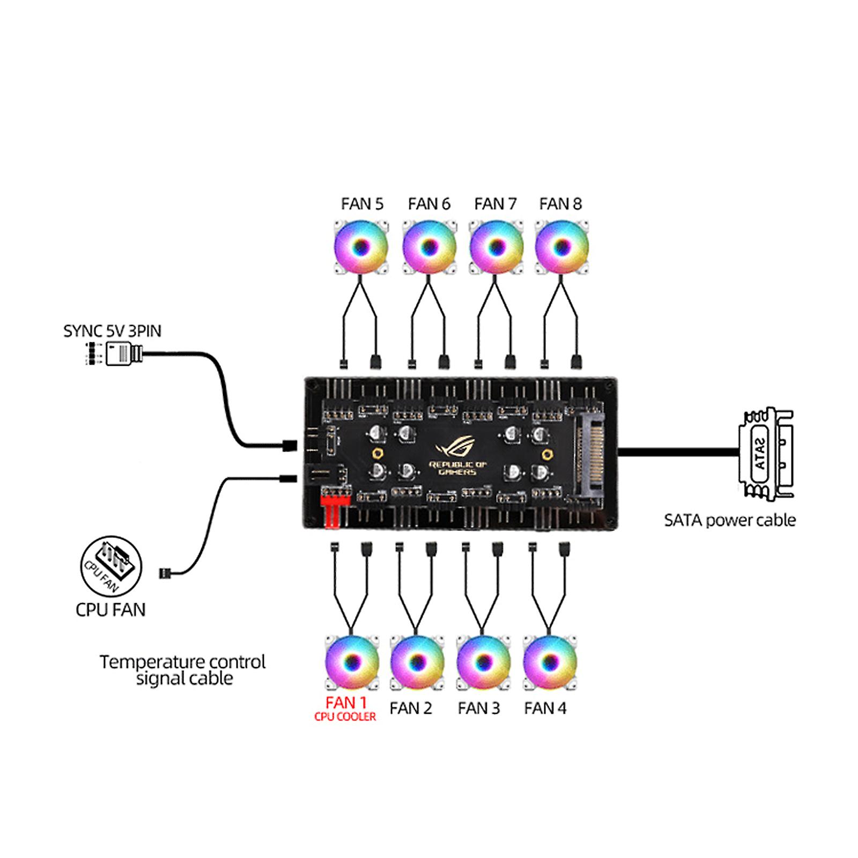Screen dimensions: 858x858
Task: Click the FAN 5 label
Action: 362,204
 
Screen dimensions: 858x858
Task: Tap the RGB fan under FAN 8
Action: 561,247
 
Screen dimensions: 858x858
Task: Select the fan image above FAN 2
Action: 417,662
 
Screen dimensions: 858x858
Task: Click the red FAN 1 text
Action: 346,702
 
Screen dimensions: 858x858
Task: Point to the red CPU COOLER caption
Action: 345,717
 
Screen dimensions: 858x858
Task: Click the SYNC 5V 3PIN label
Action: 112,331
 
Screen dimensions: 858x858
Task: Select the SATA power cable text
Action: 730,520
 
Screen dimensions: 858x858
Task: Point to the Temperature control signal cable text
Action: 183,670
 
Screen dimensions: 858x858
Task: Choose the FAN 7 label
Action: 495,204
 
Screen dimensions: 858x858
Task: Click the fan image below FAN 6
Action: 429,247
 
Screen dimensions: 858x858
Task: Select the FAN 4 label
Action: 545,708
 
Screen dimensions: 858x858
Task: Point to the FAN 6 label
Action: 429,204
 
